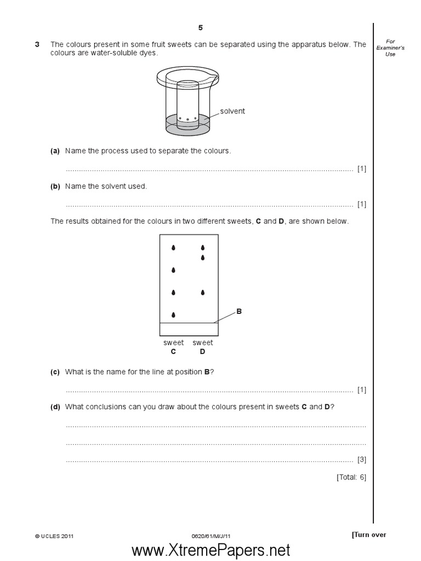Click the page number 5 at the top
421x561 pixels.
pyautogui.click(x=201, y=28)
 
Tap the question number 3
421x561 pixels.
pyautogui.click(x=37, y=44)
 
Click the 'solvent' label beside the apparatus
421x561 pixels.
pyautogui.click(x=232, y=111)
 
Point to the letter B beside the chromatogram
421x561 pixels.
pyautogui.click(x=238, y=311)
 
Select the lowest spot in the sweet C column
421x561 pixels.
pyautogui.click(x=174, y=315)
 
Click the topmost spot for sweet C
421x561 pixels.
pyautogui.click(x=174, y=248)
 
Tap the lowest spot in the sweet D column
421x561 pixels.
pyautogui.click(x=203, y=293)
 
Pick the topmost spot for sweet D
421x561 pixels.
pyautogui.click(x=203, y=248)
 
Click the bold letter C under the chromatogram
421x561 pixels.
pyautogui.click(x=174, y=352)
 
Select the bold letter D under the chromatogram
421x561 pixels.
pyautogui.click(x=202, y=352)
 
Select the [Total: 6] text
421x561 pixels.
pyautogui.click(x=351, y=477)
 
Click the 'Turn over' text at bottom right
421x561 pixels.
pyautogui.click(x=369, y=535)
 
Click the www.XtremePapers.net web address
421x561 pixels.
pyautogui.click(x=210, y=549)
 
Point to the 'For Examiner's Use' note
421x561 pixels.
pyautogui.click(x=390, y=48)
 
